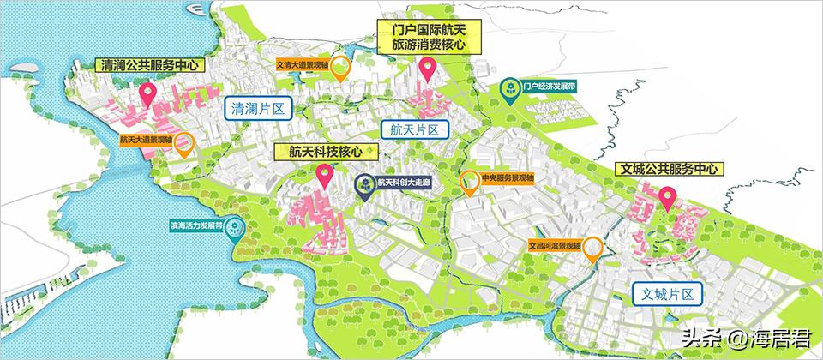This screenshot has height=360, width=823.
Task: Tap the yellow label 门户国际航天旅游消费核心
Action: pyautogui.click(x=426, y=37)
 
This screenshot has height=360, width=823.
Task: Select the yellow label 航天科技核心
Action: pyautogui.click(x=325, y=152)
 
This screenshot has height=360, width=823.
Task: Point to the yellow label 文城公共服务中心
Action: pyautogui.click(x=670, y=170)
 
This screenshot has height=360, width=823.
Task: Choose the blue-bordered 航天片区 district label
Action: pyautogui.click(x=413, y=129)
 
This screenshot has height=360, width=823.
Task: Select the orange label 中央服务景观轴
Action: pyautogui.click(x=507, y=178)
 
